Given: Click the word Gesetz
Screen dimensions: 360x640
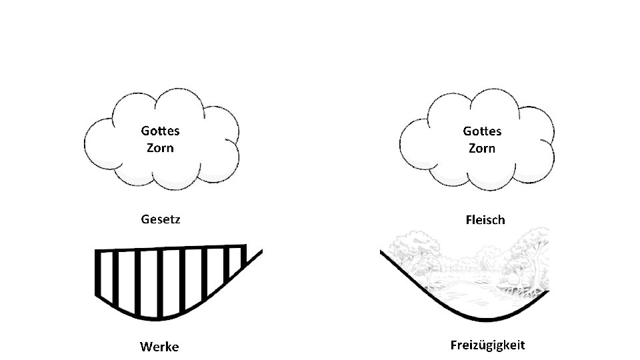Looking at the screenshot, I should tap(159, 219).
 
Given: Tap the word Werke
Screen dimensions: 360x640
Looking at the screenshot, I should tap(159, 347).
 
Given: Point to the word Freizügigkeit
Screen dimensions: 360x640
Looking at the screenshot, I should tap(487, 345).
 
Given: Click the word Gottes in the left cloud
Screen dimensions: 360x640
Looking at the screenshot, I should tap(160, 131).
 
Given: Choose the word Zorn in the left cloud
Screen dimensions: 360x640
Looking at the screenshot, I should tap(160, 147).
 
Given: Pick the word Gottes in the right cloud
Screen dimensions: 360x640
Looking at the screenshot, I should tap(482, 131).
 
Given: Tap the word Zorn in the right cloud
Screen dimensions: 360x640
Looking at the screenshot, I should tap(482, 147).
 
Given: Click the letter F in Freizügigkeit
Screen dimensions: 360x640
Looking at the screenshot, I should tap(454, 345).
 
